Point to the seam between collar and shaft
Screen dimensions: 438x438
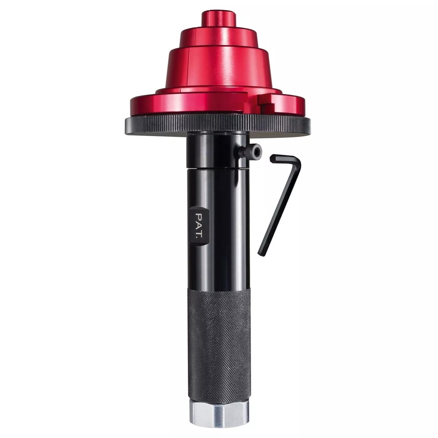(x=216, y=168)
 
